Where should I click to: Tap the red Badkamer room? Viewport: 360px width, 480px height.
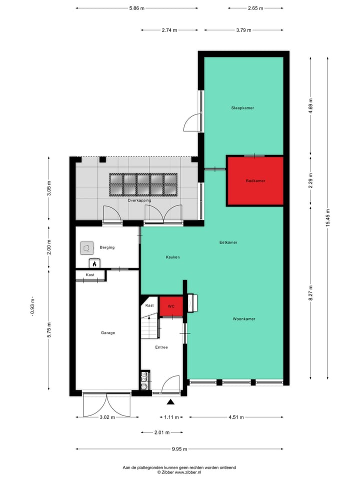tap(255, 181)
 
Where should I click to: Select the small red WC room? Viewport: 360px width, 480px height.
tap(170, 306)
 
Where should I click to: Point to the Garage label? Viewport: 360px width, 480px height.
tap(108, 332)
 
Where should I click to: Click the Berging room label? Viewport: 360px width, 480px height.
tap(107, 247)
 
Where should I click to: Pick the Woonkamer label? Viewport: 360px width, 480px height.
tap(244, 318)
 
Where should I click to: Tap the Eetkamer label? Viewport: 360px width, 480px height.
tap(228, 242)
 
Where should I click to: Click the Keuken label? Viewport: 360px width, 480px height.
tap(172, 257)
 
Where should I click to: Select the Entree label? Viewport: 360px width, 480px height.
tap(161, 347)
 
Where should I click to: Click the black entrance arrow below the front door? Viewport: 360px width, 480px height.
tap(171, 401)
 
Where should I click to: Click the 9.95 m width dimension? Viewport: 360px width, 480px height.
tap(178, 449)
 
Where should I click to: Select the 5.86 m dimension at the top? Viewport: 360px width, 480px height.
tap(136, 8)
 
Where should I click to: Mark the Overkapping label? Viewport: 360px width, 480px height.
tap(139, 200)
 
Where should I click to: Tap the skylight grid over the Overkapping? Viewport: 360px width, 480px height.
tap(143, 184)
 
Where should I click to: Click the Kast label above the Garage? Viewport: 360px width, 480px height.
tap(90, 275)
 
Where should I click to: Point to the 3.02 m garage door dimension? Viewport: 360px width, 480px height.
tap(106, 417)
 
